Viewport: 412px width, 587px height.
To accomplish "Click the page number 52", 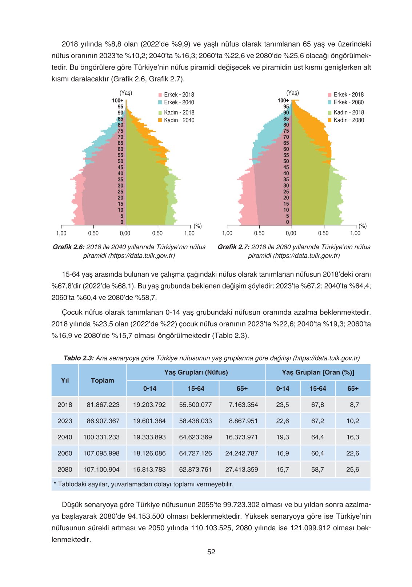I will (x=211, y=552).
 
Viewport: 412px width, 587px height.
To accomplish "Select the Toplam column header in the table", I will (x=102, y=380).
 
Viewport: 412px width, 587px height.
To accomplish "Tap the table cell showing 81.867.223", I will (x=103, y=405).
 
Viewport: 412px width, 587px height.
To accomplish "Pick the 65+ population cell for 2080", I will (x=241, y=469).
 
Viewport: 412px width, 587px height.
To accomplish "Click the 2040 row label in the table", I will (x=65, y=437).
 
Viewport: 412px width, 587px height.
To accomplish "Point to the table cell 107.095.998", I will (x=101, y=453).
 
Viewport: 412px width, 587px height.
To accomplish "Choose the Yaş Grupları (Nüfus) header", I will (x=196, y=372).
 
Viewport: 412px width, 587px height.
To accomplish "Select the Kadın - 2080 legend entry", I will (x=346, y=120).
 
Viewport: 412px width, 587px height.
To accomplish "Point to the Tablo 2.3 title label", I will (x=79, y=358).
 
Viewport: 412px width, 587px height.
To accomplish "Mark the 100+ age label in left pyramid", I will (x=117, y=100).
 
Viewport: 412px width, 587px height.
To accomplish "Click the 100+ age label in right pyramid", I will (x=283, y=100).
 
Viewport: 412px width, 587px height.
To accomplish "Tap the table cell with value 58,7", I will (x=317, y=469).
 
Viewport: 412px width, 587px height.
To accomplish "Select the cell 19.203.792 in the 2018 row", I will (x=149, y=405).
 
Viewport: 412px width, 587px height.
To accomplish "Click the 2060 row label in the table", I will (x=65, y=453).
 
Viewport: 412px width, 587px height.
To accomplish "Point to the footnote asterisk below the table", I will (x=55, y=484).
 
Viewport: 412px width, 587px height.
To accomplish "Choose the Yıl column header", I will (x=65, y=380).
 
